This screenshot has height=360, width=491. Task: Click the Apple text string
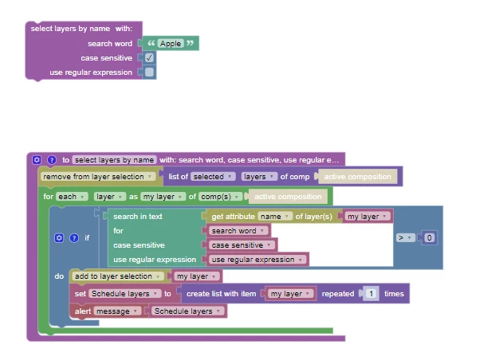tap(170, 43)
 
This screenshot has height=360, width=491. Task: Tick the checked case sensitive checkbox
tap(150, 58)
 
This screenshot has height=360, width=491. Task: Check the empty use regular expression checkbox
tap(150, 72)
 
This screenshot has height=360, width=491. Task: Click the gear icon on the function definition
tap(37, 159)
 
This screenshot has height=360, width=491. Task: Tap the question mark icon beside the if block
tap(74, 237)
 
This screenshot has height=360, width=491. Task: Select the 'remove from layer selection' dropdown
tap(97, 176)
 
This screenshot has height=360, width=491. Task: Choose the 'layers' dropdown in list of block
tap(257, 176)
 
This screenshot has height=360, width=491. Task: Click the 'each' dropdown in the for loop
tap(67, 196)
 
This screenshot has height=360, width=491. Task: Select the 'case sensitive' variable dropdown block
tap(242, 245)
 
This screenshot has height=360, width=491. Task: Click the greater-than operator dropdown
tap(405, 237)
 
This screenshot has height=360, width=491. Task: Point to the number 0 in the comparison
tap(429, 237)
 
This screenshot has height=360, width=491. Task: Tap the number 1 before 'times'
tap(370, 293)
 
